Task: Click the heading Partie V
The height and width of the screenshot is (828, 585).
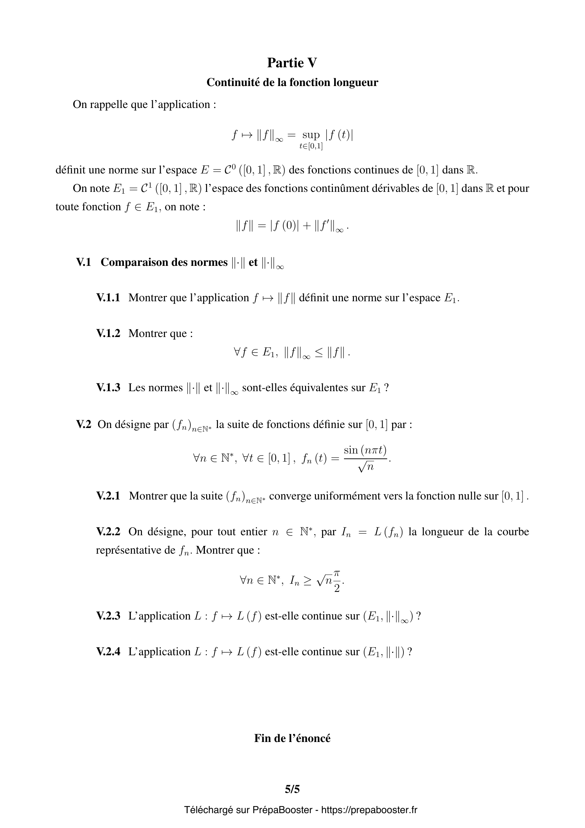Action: [292, 63]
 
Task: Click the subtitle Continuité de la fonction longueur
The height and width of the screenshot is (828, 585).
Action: [292, 82]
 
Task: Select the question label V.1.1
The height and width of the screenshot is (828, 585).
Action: [108, 297]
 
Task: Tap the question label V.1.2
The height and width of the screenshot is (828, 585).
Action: [108, 333]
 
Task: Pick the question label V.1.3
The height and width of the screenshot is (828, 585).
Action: [108, 388]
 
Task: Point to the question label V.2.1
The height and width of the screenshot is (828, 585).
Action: [108, 496]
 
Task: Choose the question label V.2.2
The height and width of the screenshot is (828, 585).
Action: [108, 532]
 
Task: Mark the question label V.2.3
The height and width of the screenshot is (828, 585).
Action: [108, 616]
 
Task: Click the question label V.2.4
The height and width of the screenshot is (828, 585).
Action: [108, 652]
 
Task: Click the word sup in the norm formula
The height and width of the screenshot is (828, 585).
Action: [311, 135]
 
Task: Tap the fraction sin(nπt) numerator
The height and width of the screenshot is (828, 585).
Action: [365, 450]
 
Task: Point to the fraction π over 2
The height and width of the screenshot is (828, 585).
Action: [337, 581]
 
